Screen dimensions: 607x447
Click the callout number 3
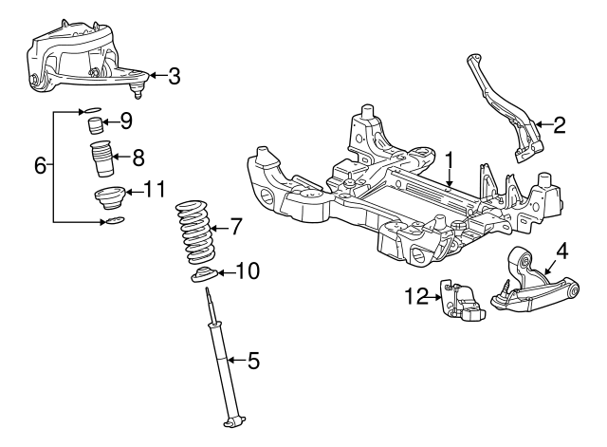tap(175, 76)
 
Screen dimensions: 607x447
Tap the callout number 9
tap(126, 121)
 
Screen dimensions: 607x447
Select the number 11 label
tap(155, 190)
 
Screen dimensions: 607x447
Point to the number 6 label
tap(40, 165)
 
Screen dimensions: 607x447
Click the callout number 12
tap(417, 296)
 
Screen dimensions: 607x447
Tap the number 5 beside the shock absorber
tap(253, 361)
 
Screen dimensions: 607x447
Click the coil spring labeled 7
tap(195, 232)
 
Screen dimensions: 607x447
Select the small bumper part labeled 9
tap(93, 125)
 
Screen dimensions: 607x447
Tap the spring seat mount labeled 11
tap(109, 198)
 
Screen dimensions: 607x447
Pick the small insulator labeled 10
tap(205, 274)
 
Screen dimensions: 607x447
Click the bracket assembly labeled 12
tap(462, 301)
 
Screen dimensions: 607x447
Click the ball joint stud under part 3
tap(137, 91)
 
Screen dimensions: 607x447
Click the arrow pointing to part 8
tap(120, 157)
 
